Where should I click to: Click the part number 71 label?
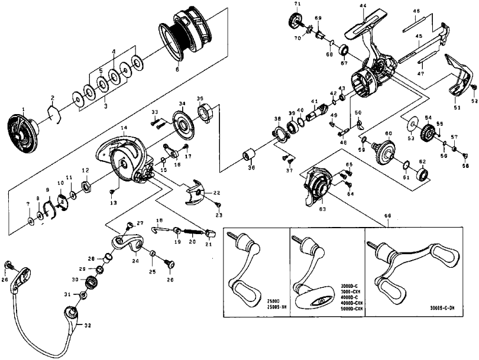298,4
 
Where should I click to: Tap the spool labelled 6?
187,37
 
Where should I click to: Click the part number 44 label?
363,6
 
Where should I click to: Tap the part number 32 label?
88,325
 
